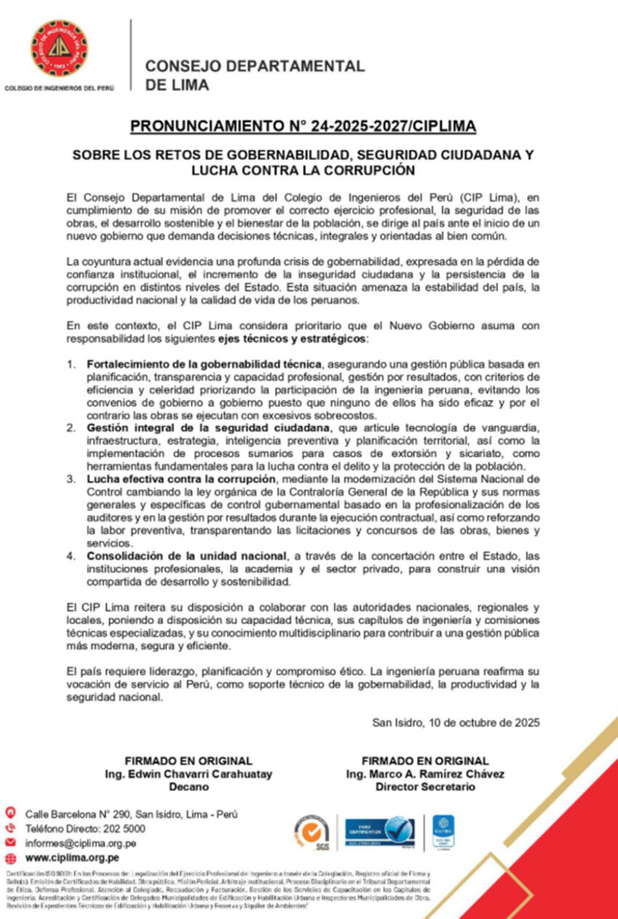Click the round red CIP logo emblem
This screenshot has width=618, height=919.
(x=59, y=48)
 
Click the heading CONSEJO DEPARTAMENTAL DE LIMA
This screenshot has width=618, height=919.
(x=254, y=75)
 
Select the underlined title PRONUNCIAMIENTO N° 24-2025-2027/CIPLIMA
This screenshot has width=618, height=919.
(x=303, y=127)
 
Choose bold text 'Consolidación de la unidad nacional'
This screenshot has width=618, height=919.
(x=185, y=555)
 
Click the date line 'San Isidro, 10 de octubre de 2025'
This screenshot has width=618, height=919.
(x=455, y=723)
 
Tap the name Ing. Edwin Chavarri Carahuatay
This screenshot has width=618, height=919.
(x=188, y=774)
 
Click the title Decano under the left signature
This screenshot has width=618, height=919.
(x=188, y=787)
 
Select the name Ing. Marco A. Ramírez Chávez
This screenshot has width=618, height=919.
(x=425, y=774)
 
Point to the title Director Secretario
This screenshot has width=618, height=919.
(x=425, y=787)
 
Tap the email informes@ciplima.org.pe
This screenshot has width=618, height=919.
(x=81, y=843)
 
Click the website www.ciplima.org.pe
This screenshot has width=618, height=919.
(x=73, y=858)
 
